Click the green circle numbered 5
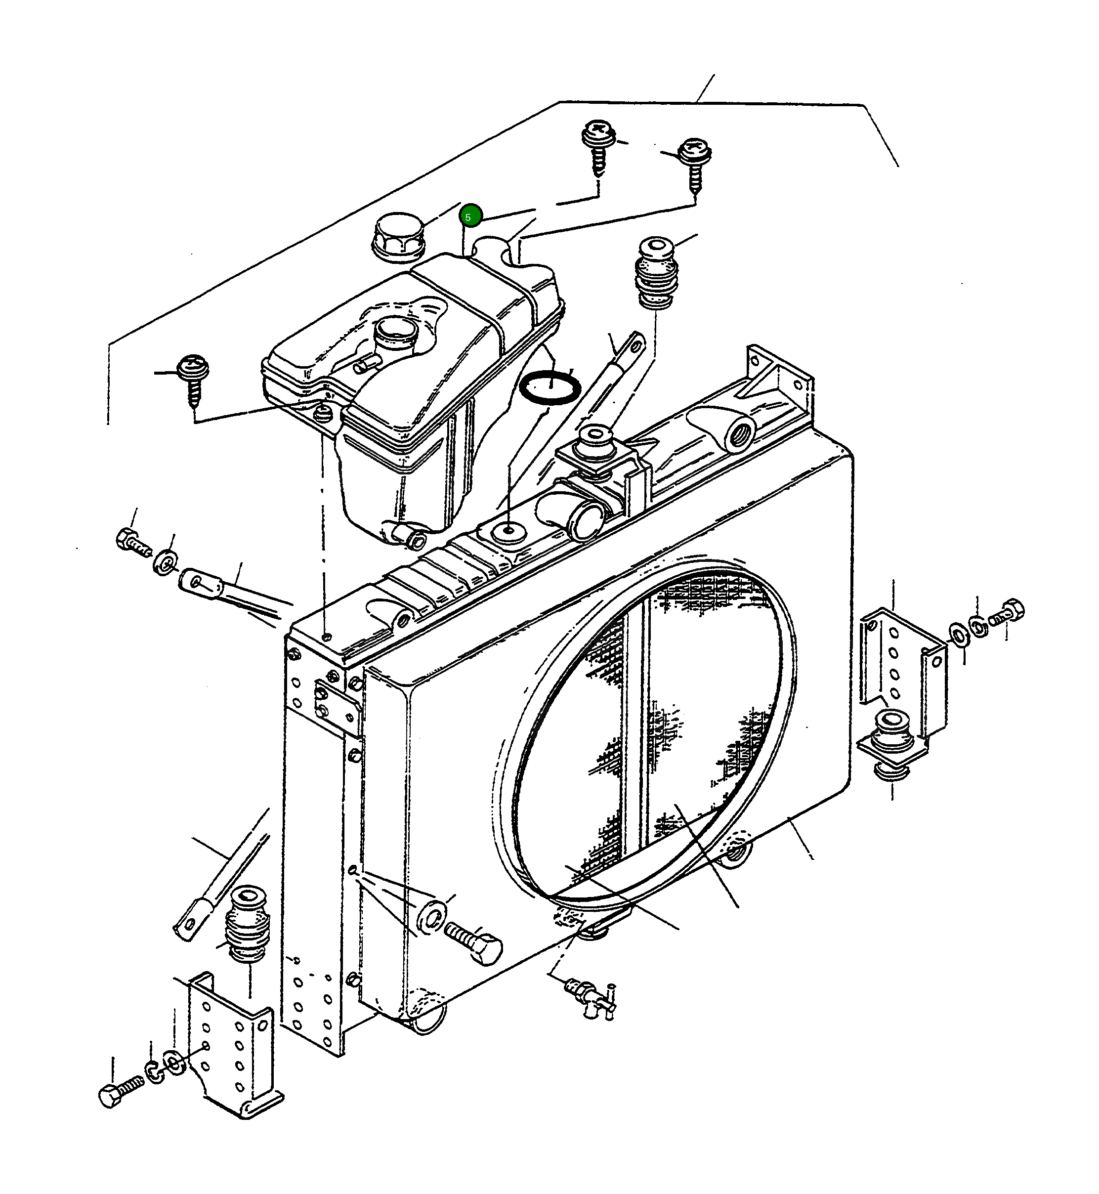coord(468,217)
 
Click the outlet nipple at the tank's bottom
coord(413,537)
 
